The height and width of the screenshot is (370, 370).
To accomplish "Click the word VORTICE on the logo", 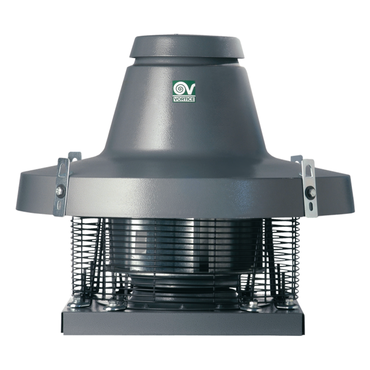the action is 184,99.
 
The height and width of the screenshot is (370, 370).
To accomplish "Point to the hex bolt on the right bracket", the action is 310,192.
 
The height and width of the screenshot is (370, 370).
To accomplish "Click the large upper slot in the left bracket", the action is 61,170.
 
